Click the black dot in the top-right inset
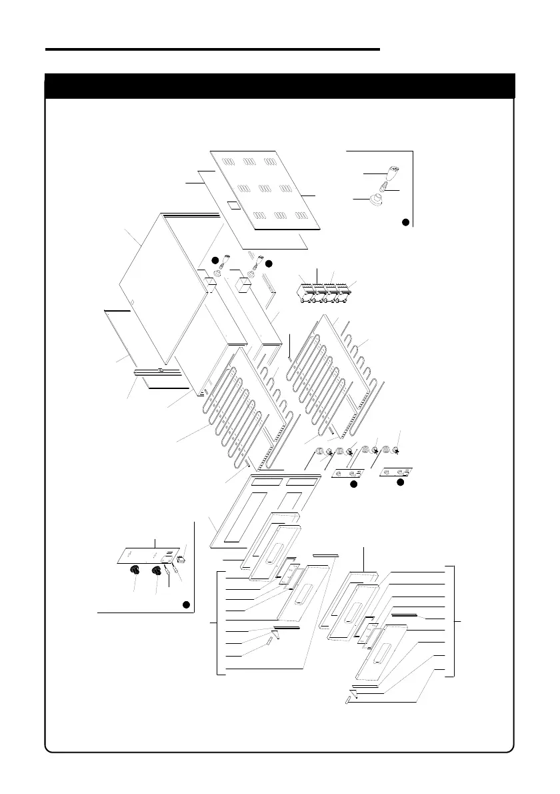pyautogui.click(x=405, y=222)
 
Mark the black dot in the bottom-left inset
pyautogui.click(x=187, y=605)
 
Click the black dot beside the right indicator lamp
pyautogui.click(x=269, y=264)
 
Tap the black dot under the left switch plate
pyautogui.click(x=354, y=484)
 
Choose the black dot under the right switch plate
pyautogui.click(x=401, y=481)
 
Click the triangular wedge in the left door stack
pyautogui.click(x=275, y=633)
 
